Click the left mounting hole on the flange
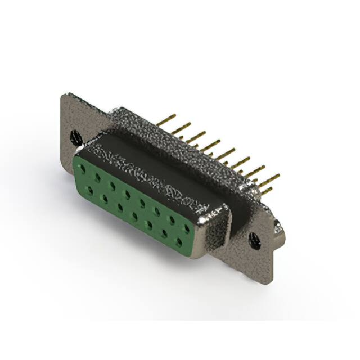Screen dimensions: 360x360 75,136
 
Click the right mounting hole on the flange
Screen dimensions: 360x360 255,241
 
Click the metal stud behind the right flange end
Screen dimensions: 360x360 278,227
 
